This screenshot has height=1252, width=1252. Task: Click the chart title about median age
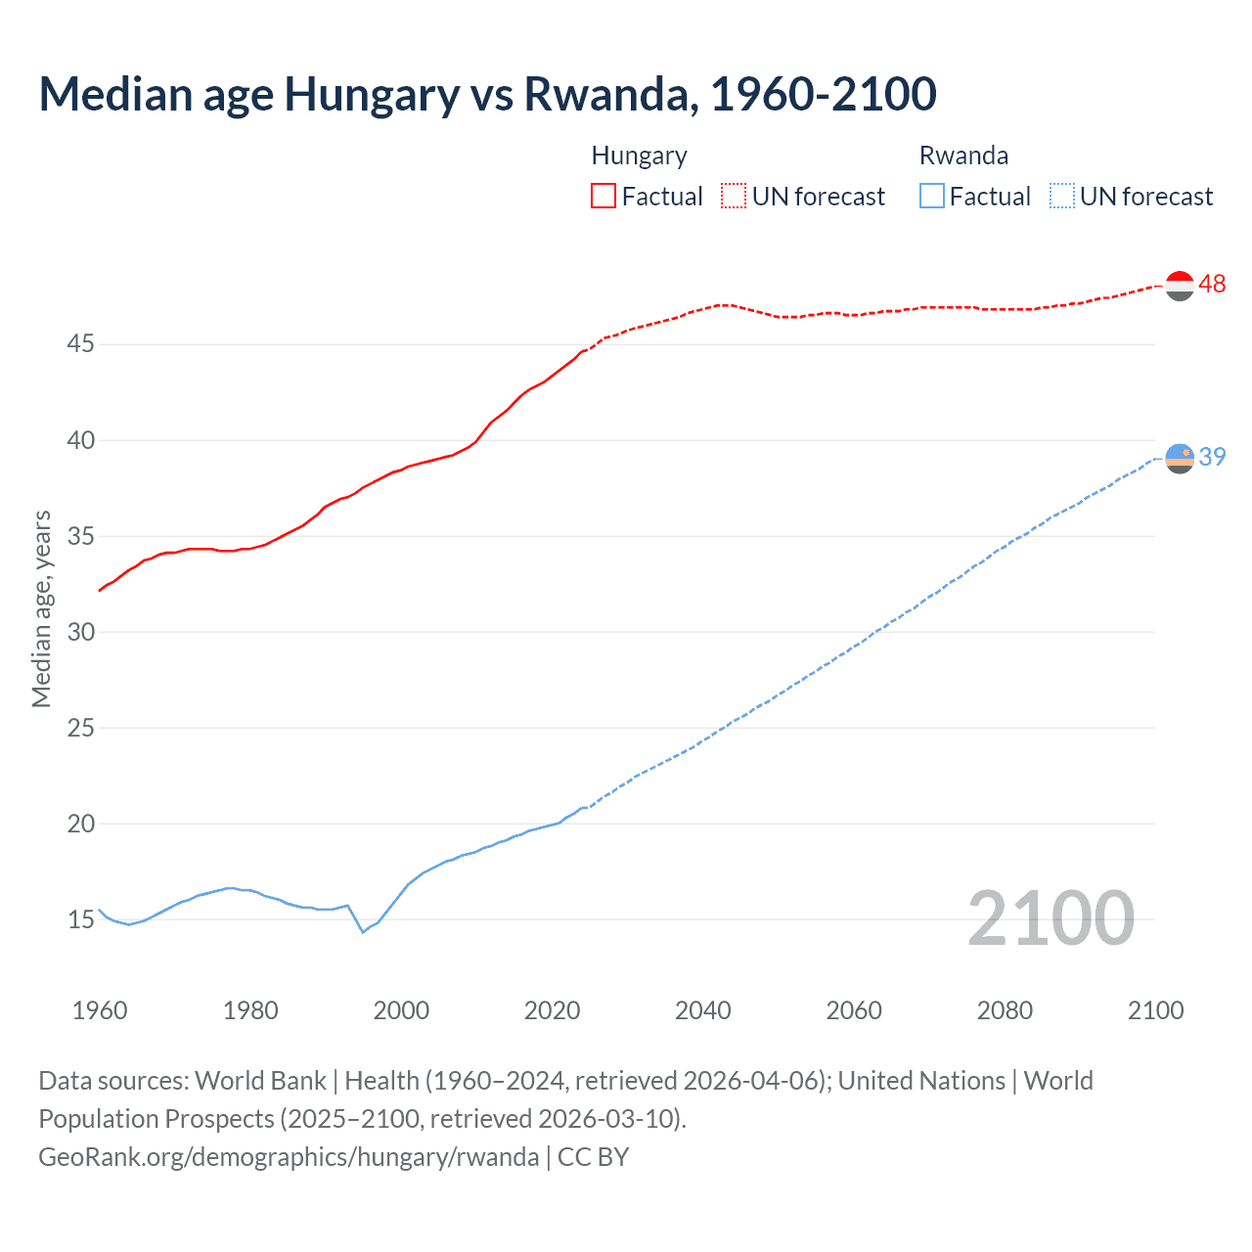pyautogui.click(x=487, y=94)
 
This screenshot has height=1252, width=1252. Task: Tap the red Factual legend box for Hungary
pyautogui.click(x=604, y=196)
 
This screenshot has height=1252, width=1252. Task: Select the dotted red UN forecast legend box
pyautogui.click(x=734, y=196)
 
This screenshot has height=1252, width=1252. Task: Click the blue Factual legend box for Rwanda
pyautogui.click(x=932, y=196)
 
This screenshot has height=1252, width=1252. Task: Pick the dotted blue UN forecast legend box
pyautogui.click(x=1062, y=196)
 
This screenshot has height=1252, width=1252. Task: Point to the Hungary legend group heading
pyautogui.click(x=639, y=156)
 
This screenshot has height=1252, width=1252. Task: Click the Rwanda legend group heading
pyautogui.click(x=963, y=156)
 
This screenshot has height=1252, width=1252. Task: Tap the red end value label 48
pyautogui.click(x=1212, y=284)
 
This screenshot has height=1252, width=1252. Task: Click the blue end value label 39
pyautogui.click(x=1212, y=457)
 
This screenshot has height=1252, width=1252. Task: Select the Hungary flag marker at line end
pyautogui.click(x=1181, y=286)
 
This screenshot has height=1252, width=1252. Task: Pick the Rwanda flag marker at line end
pyautogui.click(x=1181, y=458)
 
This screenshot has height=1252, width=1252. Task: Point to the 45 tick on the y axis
pyautogui.click(x=81, y=344)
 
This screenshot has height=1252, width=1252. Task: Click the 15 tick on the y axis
pyautogui.click(x=81, y=919)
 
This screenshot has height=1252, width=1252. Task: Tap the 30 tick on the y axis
pyautogui.click(x=81, y=632)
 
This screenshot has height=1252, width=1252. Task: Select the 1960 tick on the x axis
pyautogui.click(x=100, y=1010)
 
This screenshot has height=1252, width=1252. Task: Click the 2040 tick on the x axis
pyautogui.click(x=703, y=1010)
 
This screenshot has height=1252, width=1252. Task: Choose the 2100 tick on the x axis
pyautogui.click(x=1155, y=1010)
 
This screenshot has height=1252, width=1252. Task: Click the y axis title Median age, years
pyautogui.click(x=41, y=608)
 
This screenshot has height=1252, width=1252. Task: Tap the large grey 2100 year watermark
pyautogui.click(x=1051, y=918)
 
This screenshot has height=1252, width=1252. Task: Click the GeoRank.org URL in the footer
pyautogui.click(x=289, y=1157)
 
